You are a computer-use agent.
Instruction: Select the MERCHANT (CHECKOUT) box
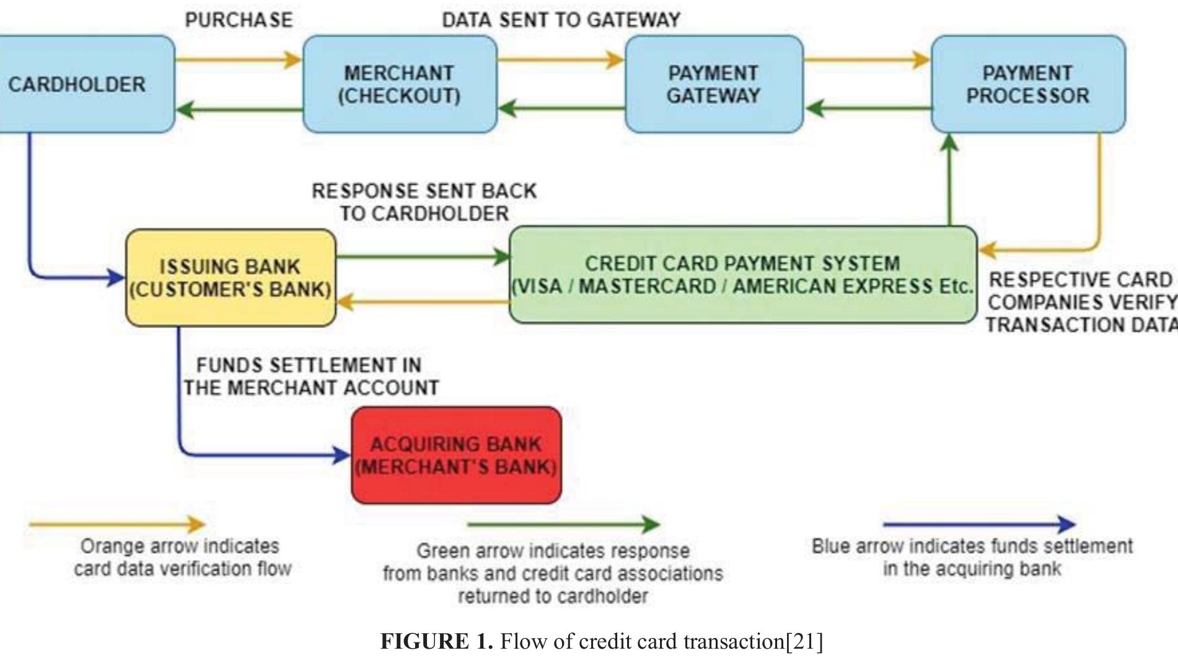point(399,84)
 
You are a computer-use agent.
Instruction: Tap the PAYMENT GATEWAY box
point(713,84)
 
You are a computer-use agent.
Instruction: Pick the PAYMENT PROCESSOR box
point(1027,84)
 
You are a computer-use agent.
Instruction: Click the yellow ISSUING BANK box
point(231,278)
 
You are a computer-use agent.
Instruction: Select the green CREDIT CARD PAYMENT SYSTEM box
point(742,275)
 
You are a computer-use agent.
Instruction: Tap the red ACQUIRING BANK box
point(456,455)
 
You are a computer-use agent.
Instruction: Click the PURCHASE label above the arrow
point(239,20)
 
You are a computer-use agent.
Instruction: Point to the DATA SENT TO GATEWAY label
point(561,20)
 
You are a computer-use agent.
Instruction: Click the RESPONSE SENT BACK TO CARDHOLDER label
point(424,202)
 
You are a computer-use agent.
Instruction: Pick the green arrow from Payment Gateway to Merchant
point(561,109)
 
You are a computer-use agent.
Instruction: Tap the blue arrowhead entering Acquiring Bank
point(343,456)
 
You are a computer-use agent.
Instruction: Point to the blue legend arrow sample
point(979,525)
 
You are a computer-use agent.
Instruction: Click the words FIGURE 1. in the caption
point(436,641)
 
